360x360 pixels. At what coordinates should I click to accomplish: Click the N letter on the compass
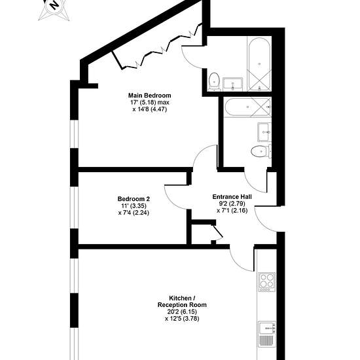[x=54, y=5]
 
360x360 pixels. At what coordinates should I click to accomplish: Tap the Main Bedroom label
[x=150, y=96]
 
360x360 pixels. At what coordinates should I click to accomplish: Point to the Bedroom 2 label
[x=134, y=198]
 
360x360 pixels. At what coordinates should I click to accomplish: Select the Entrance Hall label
[x=232, y=197]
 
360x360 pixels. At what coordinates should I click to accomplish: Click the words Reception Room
[x=182, y=305]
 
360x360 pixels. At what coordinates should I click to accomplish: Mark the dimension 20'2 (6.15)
[x=182, y=312]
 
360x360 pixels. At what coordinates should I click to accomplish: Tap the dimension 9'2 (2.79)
[x=232, y=204]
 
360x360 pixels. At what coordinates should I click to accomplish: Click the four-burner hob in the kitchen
[x=267, y=282]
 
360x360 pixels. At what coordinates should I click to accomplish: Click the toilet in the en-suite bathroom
[x=215, y=81]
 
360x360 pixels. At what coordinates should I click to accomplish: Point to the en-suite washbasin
[x=232, y=84]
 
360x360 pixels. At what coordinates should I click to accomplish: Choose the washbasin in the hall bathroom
[x=264, y=132]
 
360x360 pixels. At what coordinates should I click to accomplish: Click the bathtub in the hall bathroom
[x=248, y=107]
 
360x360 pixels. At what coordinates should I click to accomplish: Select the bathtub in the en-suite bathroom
[x=259, y=64]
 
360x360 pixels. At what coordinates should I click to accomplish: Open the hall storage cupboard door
[x=218, y=231]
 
